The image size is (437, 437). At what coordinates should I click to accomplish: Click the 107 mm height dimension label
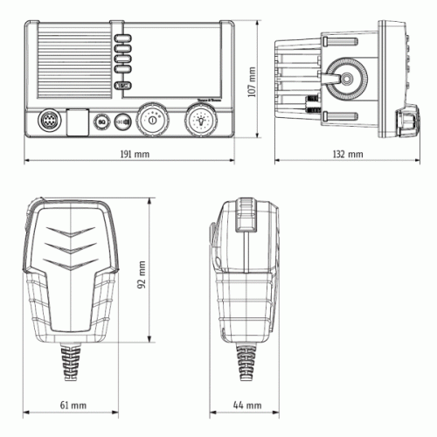click(252, 83)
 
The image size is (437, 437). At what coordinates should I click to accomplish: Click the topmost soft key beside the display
click(123, 40)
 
